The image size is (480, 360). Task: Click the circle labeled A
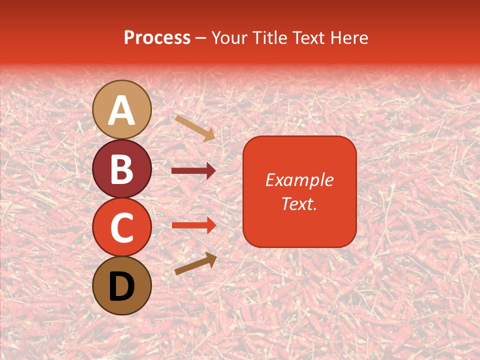pyautogui.click(x=122, y=109)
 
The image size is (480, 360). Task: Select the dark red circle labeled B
pyautogui.click(x=122, y=168)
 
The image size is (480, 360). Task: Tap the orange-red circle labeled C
pyautogui.click(x=122, y=227)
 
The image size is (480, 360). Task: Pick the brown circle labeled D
pyautogui.click(x=122, y=285)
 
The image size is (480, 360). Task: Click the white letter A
pyautogui.click(x=122, y=110)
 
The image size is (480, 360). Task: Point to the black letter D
pyautogui.click(x=122, y=286)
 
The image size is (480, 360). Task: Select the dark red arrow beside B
pyautogui.click(x=193, y=171)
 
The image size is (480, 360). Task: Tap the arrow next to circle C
pyautogui.click(x=193, y=225)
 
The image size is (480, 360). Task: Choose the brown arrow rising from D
pyautogui.click(x=195, y=263)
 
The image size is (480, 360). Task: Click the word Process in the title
pyautogui.click(x=157, y=37)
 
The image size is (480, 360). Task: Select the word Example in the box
pyautogui.click(x=299, y=180)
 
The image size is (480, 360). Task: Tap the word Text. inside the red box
pyautogui.click(x=299, y=203)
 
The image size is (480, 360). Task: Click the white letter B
pyautogui.click(x=122, y=169)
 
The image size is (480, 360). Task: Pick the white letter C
pyautogui.click(x=122, y=228)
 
